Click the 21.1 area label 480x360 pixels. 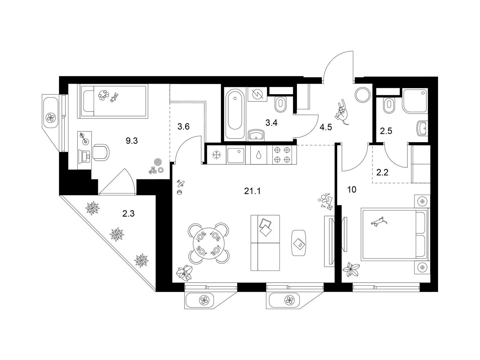[252, 191]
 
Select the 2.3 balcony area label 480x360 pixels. [128, 214]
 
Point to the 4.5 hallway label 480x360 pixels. [326, 127]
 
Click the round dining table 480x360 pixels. [208, 244]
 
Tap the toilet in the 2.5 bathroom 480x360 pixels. [388, 106]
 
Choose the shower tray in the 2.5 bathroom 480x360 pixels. [415, 101]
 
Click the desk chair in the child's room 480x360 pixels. [100, 152]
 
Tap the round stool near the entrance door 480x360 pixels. [363, 94]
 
